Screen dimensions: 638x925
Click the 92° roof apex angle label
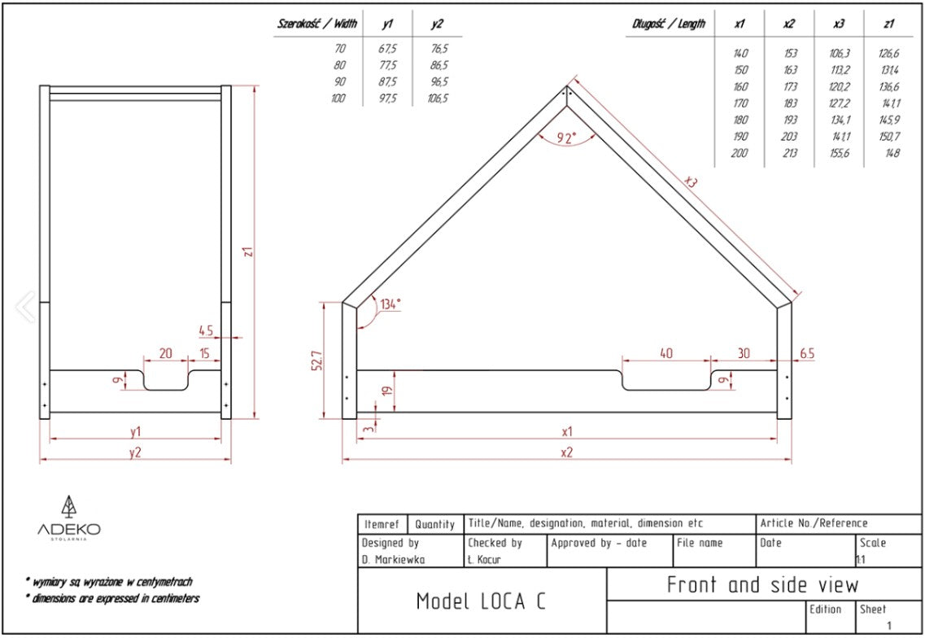pos(567,138)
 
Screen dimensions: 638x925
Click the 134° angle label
pos(391,304)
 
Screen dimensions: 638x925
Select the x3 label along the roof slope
pos(691,182)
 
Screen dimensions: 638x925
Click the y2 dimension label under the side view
pos(135,453)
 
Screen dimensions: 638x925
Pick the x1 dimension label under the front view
pos(567,431)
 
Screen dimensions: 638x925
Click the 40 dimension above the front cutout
pos(665,353)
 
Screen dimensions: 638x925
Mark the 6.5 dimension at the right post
pos(807,353)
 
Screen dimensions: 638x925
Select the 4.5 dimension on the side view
pos(207,330)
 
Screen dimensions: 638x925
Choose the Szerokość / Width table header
pos(317,24)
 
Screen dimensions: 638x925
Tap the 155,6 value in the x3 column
pos(839,153)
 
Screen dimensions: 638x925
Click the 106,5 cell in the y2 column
pos(438,98)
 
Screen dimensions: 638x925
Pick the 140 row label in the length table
pos(740,54)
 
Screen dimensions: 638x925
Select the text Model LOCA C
pos(481,601)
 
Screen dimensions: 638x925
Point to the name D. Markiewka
pos(394,560)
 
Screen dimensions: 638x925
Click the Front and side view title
pos(762,584)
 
